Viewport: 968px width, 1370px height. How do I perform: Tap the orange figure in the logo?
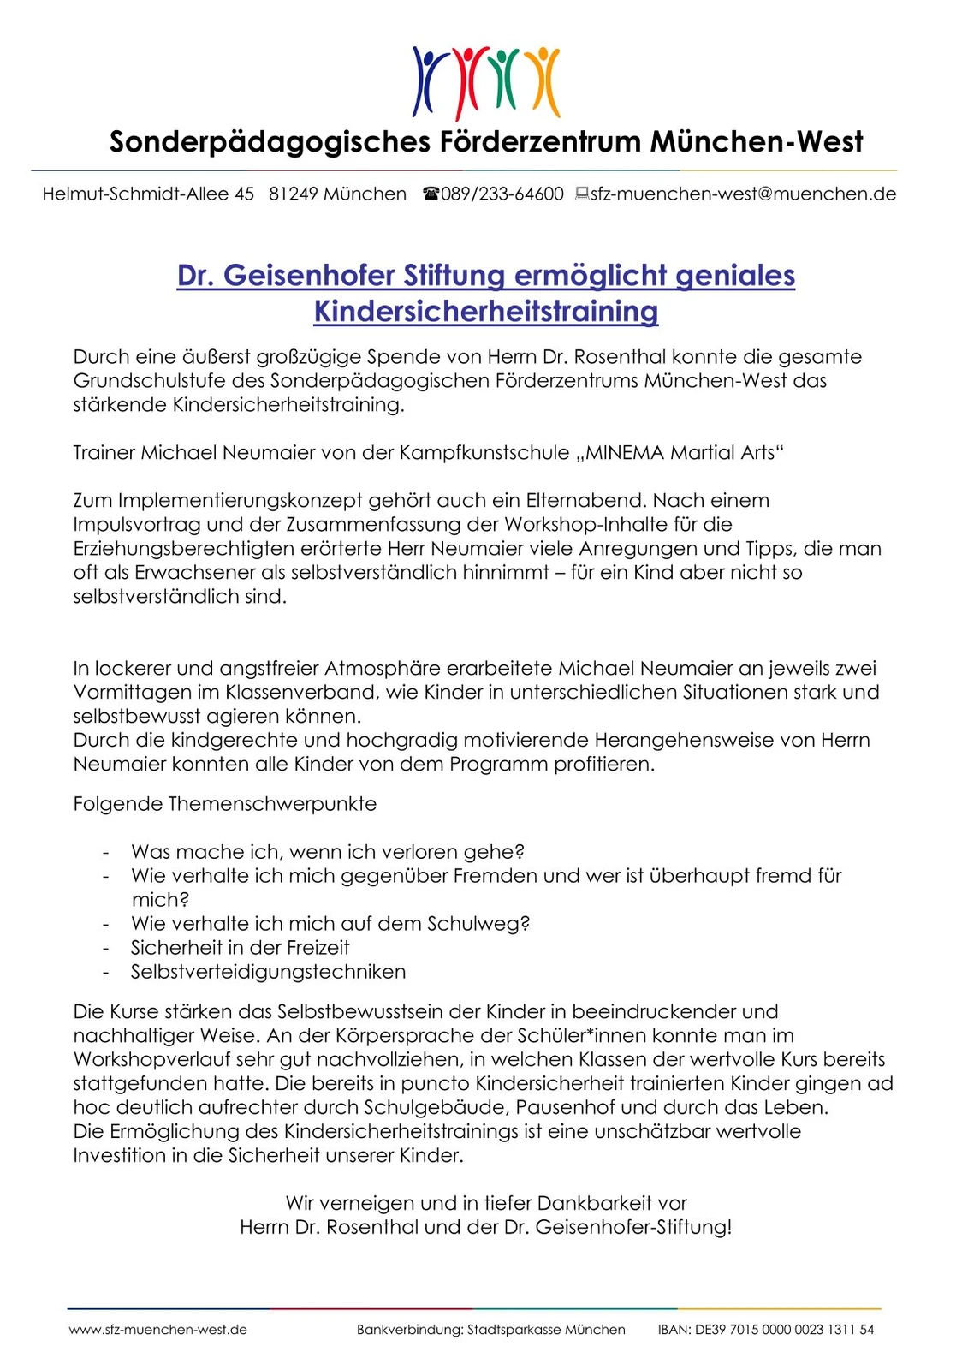pyautogui.click(x=543, y=80)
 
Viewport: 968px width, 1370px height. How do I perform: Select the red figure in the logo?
pyautogui.click(x=467, y=80)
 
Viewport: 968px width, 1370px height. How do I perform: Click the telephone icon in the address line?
pyautogui.click(x=431, y=194)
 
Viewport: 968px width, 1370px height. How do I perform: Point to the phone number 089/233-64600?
pyautogui.click(x=502, y=194)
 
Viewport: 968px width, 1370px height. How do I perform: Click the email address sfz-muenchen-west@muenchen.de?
pyautogui.click(x=743, y=194)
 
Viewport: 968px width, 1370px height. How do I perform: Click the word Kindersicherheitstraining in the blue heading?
pyautogui.click(x=486, y=311)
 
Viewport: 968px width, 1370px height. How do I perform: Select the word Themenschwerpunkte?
pyautogui.click(x=272, y=805)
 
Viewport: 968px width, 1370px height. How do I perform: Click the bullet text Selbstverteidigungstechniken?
pyautogui.click(x=268, y=972)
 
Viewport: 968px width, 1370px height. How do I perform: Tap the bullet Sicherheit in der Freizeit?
pyautogui.click(x=240, y=948)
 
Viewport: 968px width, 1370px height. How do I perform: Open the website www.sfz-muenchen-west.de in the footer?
pyautogui.click(x=158, y=1330)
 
